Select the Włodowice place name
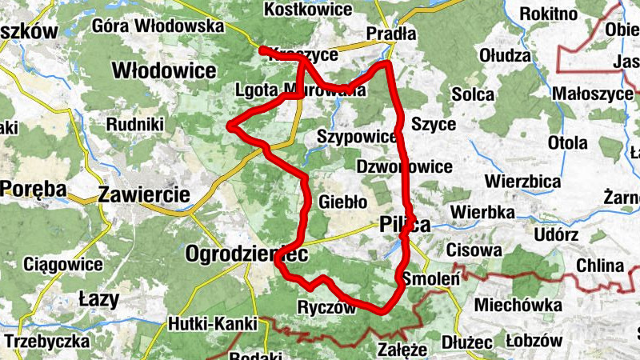point(164,70)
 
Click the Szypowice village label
point(357,136)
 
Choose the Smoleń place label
point(430,279)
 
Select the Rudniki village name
point(135,124)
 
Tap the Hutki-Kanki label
point(212,324)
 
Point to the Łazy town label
point(99,300)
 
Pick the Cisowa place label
point(475,250)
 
